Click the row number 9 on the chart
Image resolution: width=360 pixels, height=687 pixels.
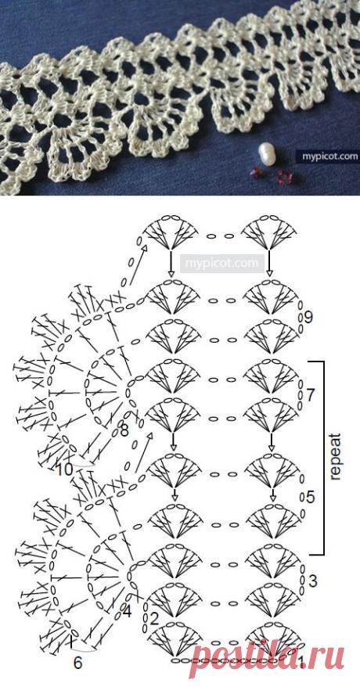[x=308, y=317]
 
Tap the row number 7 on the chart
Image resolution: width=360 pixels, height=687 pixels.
[x=310, y=395]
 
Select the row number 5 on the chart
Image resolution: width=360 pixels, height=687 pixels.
[x=310, y=498]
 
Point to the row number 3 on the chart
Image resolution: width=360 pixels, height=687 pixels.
[x=313, y=581]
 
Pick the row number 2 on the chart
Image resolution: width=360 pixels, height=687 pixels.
[x=153, y=619]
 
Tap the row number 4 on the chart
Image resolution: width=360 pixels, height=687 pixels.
[x=127, y=612]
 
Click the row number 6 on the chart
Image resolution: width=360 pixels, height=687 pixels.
[x=77, y=664]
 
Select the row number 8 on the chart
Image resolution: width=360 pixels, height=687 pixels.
[x=124, y=432]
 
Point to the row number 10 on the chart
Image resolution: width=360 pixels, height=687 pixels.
[x=64, y=470]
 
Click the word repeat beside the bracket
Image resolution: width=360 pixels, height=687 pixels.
[x=336, y=457]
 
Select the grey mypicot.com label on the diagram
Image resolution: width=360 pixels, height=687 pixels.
[x=222, y=264]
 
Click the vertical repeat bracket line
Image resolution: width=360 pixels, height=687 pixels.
[x=324, y=457]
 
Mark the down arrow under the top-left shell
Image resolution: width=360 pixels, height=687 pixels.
[x=171, y=264]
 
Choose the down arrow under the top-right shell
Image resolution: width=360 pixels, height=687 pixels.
[x=270, y=264]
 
